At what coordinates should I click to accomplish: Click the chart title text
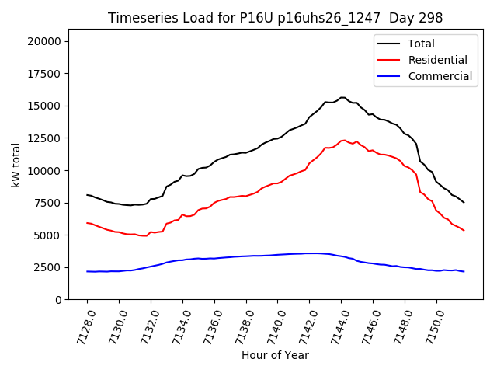coord(276,18)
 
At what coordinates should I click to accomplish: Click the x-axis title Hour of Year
coord(275,355)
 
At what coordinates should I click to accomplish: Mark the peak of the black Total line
coord(342,97)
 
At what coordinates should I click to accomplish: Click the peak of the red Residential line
coord(343,140)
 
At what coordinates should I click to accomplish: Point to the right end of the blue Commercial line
coord(464,271)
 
